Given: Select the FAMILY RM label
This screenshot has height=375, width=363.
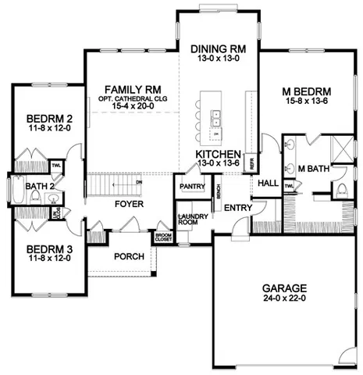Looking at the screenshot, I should pos(119,89).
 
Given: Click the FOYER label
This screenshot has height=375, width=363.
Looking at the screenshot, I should pos(128,204).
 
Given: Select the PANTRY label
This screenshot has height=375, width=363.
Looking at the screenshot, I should pos(191,187).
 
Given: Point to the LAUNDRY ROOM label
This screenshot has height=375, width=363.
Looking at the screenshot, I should pos(190,220).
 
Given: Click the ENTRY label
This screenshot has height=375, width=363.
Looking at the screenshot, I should pos(237,208).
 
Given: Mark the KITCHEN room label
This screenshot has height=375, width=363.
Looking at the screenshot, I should pos(218,155).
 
